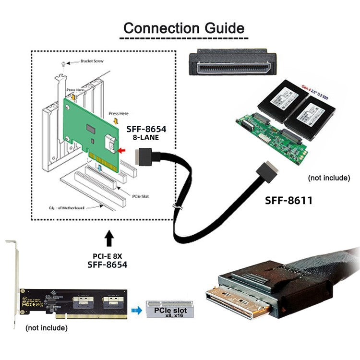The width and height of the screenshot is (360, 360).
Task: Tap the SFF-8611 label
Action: (288, 200)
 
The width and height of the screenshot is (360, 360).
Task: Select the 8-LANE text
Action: (146, 138)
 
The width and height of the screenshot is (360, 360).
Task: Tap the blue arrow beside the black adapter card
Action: (137, 311)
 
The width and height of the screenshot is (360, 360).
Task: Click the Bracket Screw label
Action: (92, 61)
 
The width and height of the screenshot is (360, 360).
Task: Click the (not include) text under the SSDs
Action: (328, 178)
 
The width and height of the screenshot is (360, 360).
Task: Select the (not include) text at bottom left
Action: (46, 328)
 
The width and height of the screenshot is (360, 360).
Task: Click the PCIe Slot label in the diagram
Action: (142, 196)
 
